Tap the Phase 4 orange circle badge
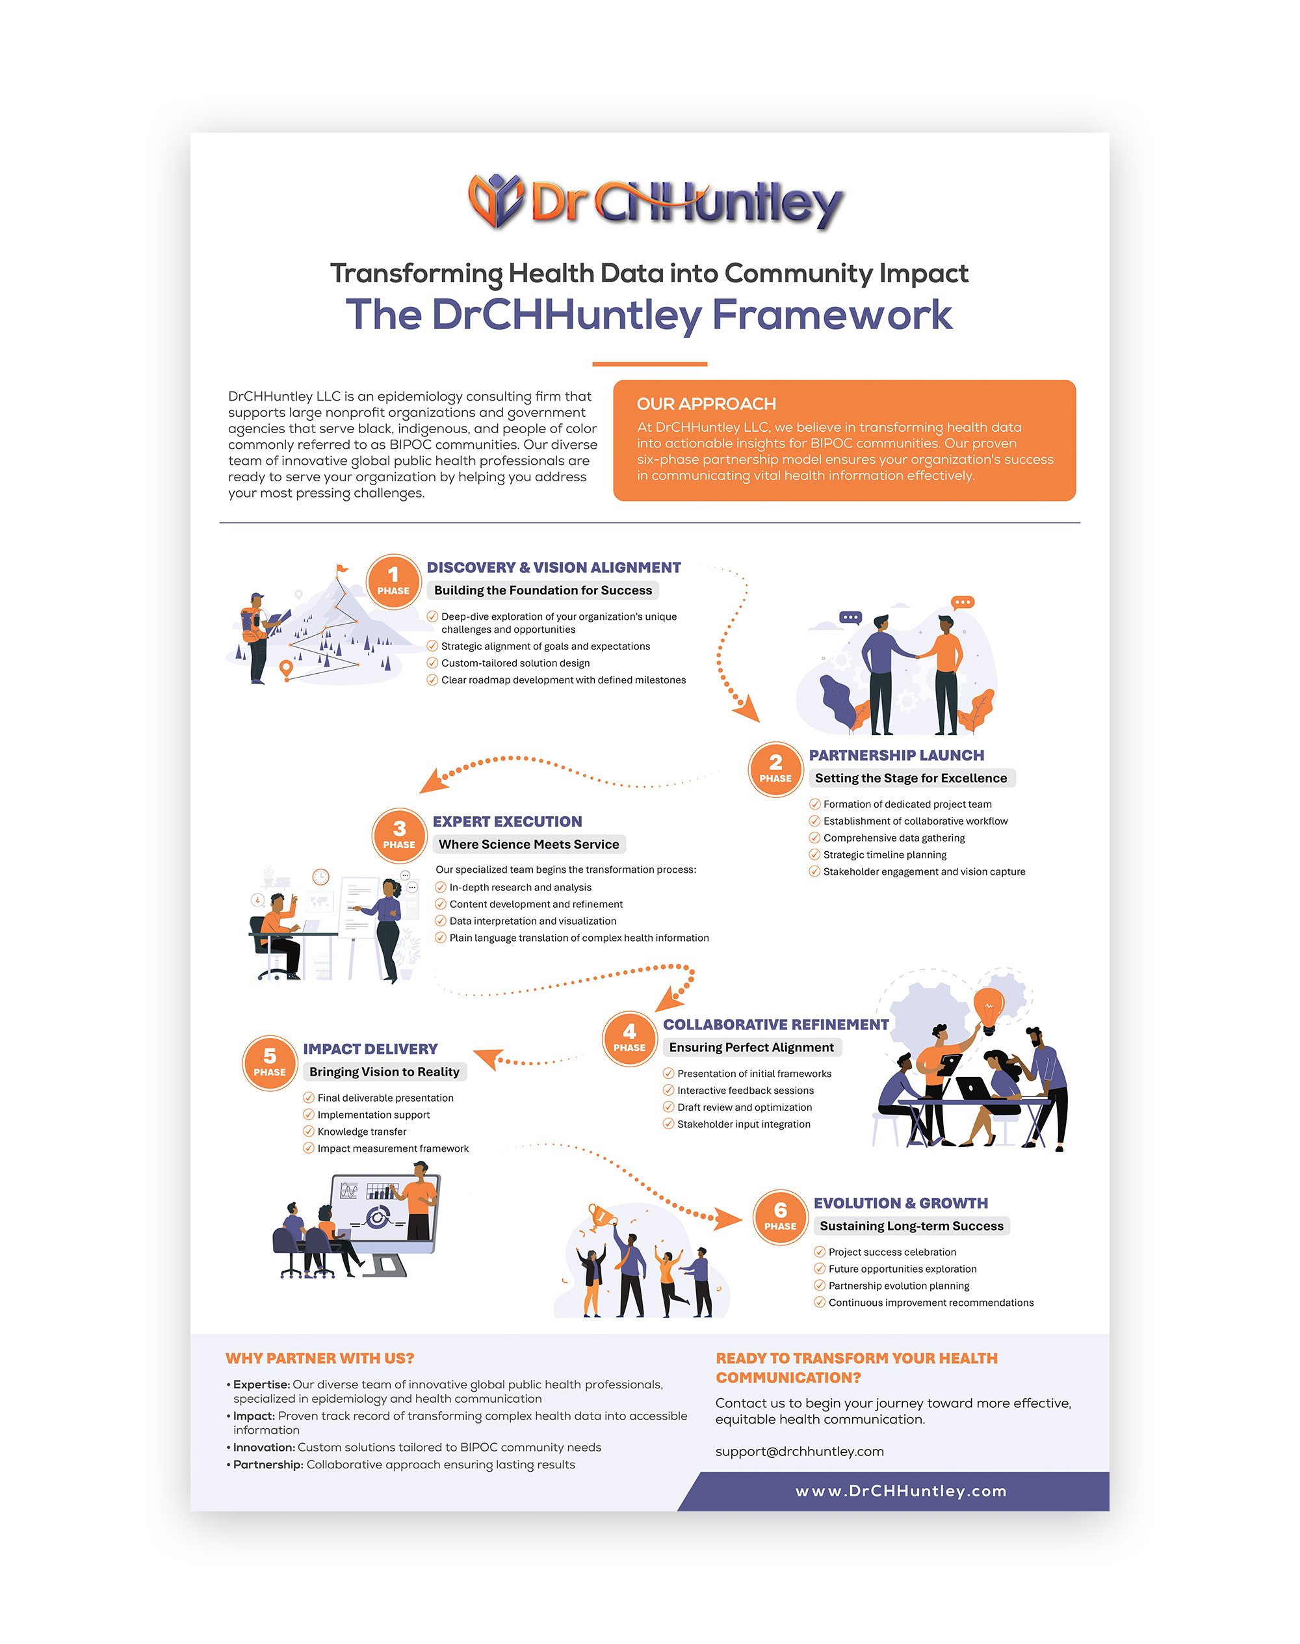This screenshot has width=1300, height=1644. point(629,1039)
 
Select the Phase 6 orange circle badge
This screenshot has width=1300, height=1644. point(780,1217)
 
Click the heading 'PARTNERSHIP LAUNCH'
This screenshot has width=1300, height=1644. point(896,756)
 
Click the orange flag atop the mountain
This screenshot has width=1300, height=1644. point(342,568)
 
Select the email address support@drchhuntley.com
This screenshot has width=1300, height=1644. point(799,1452)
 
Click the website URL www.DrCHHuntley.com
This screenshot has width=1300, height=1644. point(901,1491)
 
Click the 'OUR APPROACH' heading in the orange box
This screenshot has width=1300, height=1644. point(707,404)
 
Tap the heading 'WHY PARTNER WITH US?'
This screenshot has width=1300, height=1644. point(320,1359)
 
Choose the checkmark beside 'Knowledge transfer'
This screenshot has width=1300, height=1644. point(308,1132)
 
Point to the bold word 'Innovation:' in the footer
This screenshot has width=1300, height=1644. point(263,1448)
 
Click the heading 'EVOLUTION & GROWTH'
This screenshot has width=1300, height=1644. point(900,1203)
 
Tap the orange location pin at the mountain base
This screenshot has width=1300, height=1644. point(286,669)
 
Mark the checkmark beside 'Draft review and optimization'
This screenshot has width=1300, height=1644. point(668,1107)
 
